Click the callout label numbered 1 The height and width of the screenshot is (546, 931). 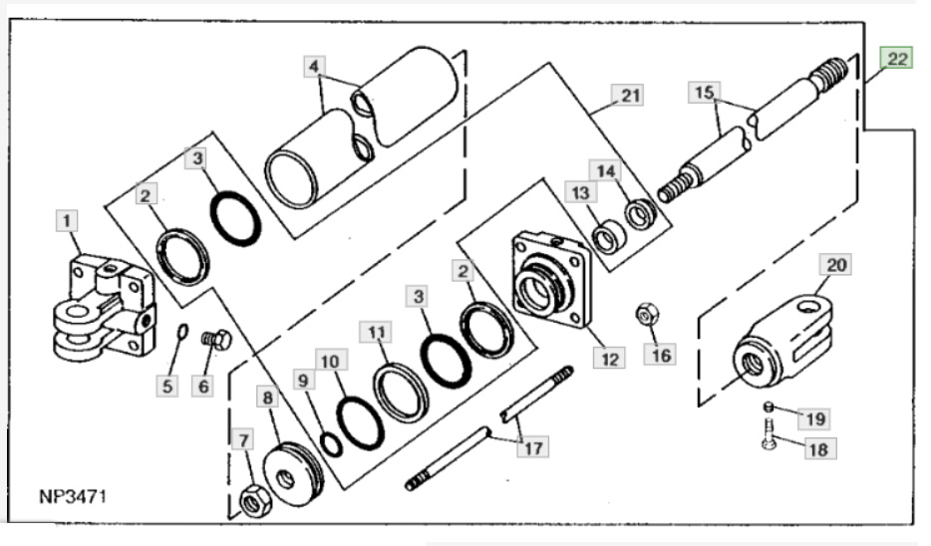pyautogui.click(x=66, y=218)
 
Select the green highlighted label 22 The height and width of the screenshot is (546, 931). pyautogui.click(x=897, y=60)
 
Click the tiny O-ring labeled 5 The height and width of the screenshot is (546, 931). pyautogui.click(x=179, y=332)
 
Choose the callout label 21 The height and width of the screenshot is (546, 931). pyautogui.click(x=630, y=96)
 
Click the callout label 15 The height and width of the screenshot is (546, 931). pyautogui.click(x=704, y=93)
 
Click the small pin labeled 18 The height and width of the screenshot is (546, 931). pyautogui.click(x=769, y=435)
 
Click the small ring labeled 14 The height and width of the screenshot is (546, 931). pyautogui.click(x=639, y=212)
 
